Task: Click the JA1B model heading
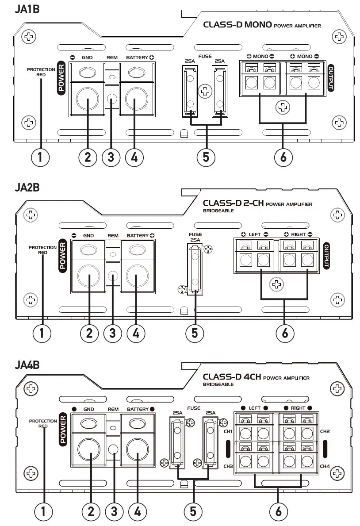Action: pos(27,9)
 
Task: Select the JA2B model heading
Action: pos(27,187)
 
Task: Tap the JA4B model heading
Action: pos(27,365)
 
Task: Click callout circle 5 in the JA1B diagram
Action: pos(206,157)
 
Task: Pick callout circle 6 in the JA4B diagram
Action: pos(278,511)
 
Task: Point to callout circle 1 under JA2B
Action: pos(42,333)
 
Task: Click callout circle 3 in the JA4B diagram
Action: pos(114,511)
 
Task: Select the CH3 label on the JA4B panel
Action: pos(229,466)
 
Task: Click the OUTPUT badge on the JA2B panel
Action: pos(327,256)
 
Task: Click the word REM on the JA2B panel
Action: pos(113,236)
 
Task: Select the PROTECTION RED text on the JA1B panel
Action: pos(41,72)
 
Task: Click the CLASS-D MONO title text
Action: pos(237,25)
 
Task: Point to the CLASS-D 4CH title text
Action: pos(232,377)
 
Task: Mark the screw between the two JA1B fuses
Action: pos(204,92)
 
